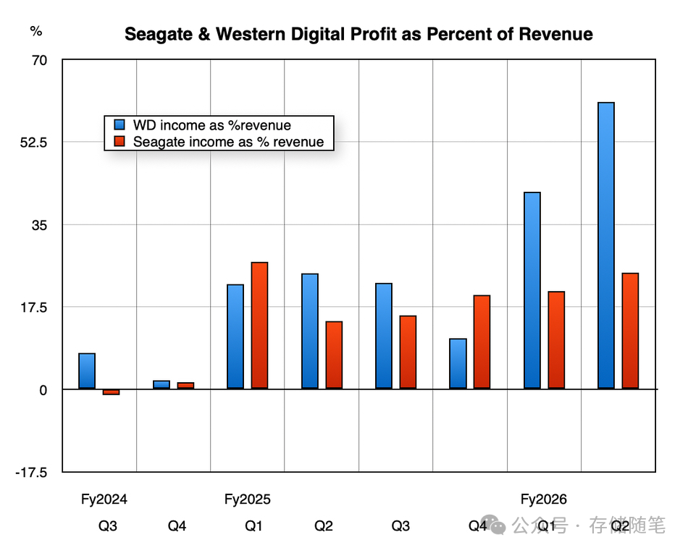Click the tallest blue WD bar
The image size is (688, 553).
[606, 245]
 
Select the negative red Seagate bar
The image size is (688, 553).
[111, 392]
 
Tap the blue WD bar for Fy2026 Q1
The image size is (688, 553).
[532, 290]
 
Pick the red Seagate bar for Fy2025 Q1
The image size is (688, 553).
[259, 325]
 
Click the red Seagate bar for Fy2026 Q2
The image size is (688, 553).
[630, 331]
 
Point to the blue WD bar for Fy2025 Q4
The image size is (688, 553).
[458, 363]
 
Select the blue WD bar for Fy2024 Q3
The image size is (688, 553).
[87, 371]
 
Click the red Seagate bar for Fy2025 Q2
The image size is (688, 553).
[334, 355]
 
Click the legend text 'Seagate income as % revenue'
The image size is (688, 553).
[228, 142]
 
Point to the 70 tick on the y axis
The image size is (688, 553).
[38, 60]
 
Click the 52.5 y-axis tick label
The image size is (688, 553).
[33, 143]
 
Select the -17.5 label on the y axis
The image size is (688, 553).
[31, 473]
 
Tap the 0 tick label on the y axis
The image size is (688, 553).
[43, 390]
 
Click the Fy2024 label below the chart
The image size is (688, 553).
[104, 499]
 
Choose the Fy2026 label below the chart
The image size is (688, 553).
[543, 499]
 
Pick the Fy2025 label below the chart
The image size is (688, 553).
[248, 499]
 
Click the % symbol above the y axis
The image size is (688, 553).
[36, 31]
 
